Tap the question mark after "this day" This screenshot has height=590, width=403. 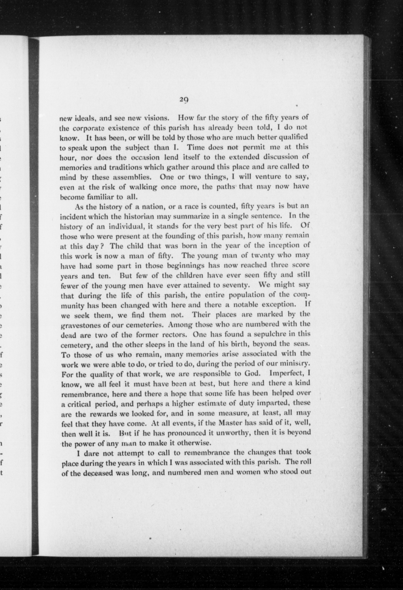point(101,246)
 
